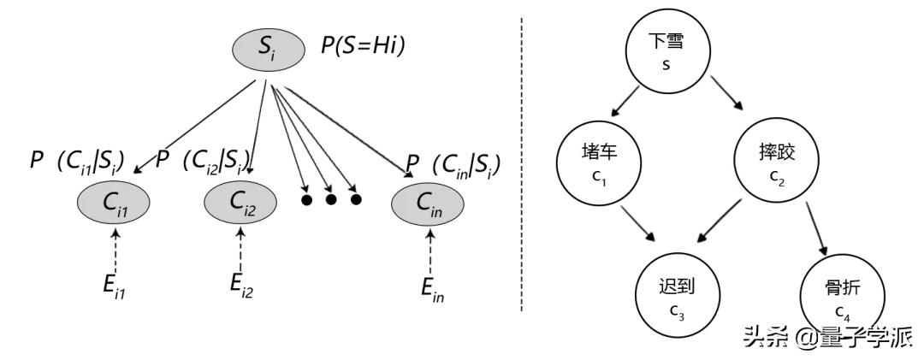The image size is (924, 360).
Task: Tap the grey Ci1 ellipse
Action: pos(115,203)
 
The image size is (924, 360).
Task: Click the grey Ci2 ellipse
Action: pos(241,203)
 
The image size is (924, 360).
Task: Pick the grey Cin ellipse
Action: pos(428,204)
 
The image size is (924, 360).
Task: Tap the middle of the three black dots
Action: pos(331,200)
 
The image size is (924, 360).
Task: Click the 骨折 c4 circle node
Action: pos(836,295)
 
